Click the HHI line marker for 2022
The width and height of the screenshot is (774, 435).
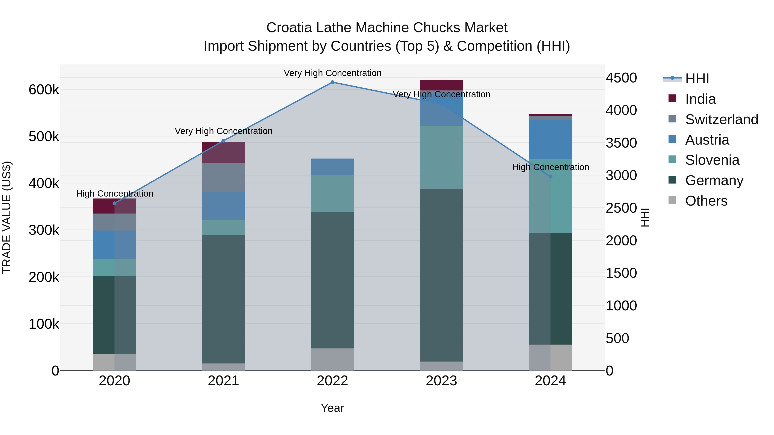[x=332, y=82]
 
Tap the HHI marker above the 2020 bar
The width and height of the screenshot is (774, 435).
[x=114, y=203]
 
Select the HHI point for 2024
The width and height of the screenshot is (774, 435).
[x=550, y=177]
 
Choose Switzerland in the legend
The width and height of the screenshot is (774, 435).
[x=721, y=119]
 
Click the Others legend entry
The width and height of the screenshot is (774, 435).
[x=706, y=201]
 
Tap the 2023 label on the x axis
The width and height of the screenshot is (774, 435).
[x=441, y=381]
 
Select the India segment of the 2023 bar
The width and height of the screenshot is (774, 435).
[x=441, y=85]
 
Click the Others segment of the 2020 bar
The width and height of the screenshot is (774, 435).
[x=114, y=362]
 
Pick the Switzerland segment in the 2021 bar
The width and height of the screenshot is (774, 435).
[x=223, y=178]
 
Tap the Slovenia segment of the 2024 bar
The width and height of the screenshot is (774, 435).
[x=550, y=196]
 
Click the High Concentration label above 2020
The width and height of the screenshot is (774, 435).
[x=114, y=194]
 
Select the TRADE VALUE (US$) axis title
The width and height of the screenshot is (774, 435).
[x=7, y=217]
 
